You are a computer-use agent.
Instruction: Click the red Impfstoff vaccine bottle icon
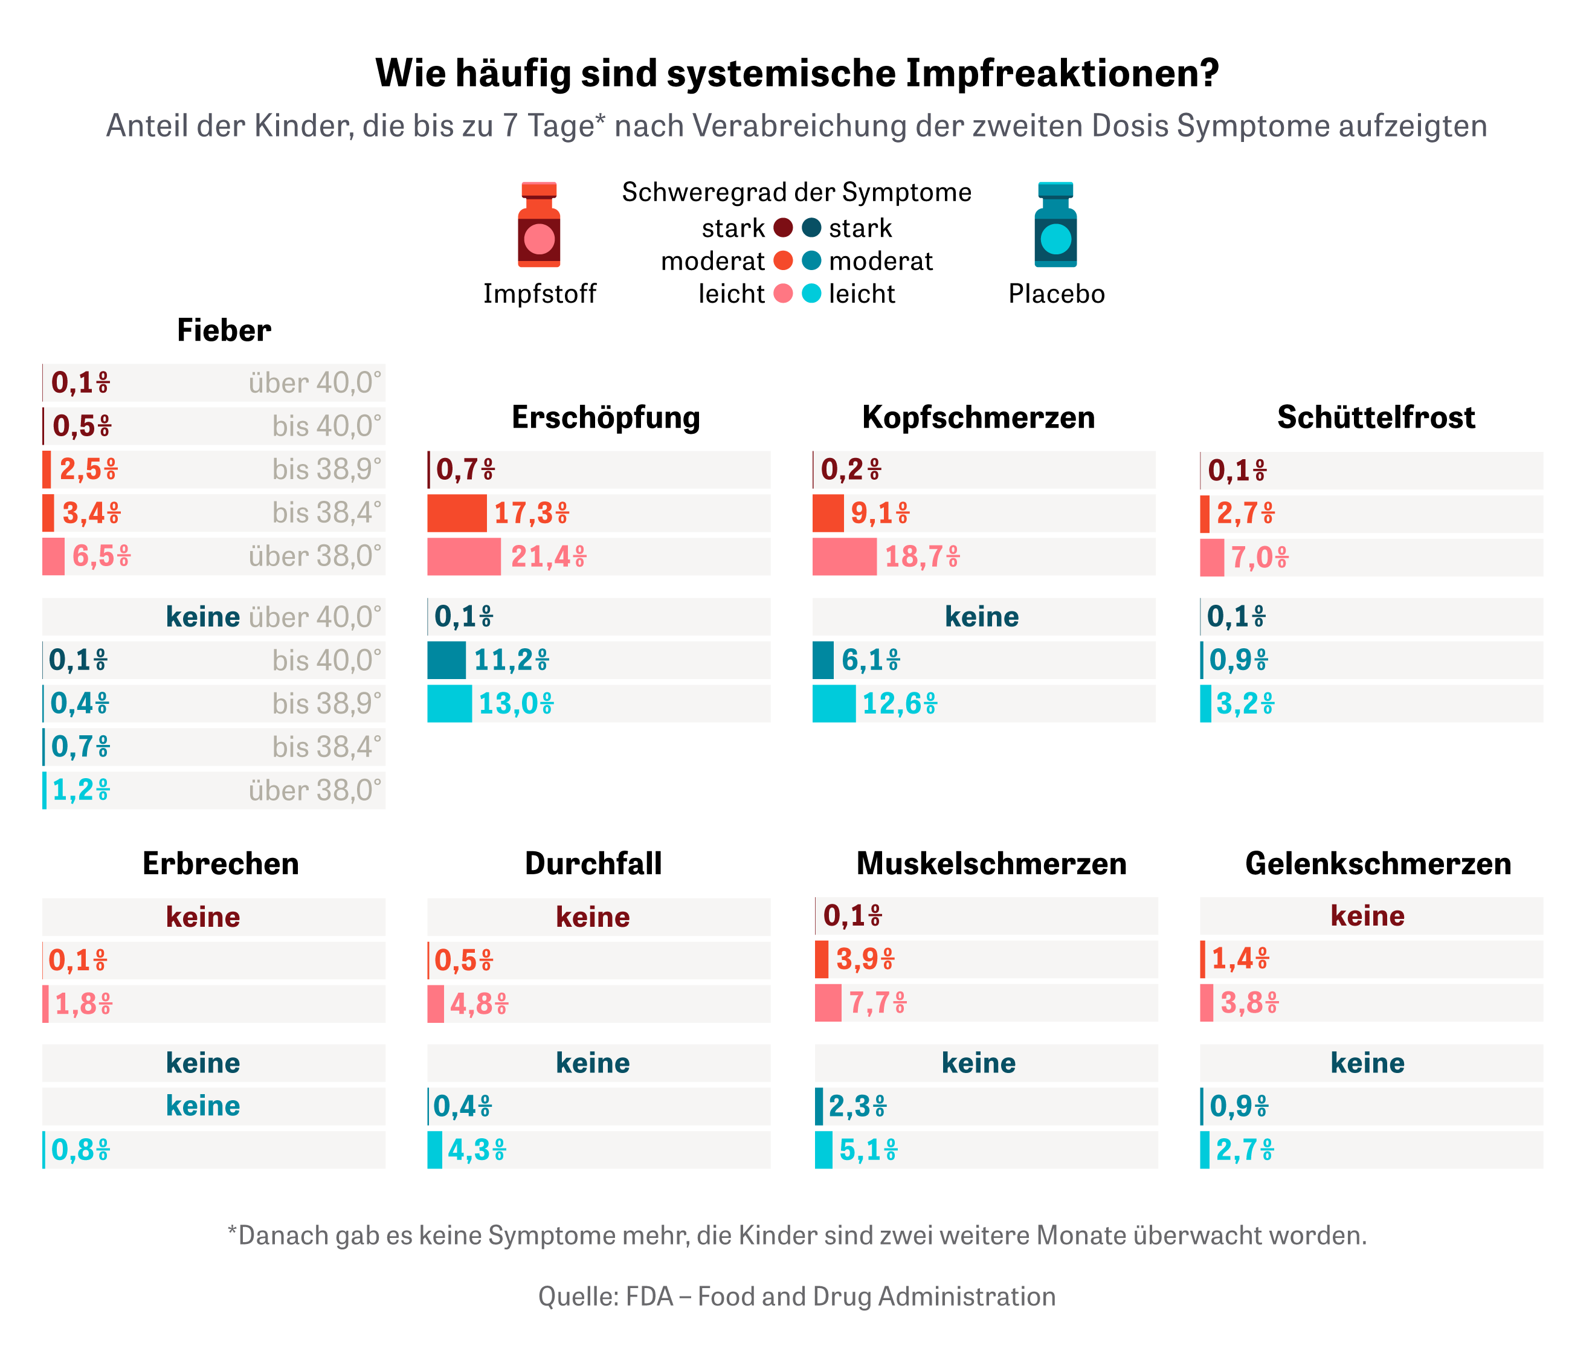point(539,225)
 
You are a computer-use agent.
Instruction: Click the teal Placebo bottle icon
point(1055,225)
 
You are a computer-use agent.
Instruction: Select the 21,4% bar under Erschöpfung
point(463,556)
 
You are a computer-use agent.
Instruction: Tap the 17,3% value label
point(531,514)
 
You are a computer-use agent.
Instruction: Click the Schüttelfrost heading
point(1376,417)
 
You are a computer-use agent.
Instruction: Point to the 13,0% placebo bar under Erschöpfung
point(449,703)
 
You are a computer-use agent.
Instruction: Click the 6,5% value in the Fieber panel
point(101,556)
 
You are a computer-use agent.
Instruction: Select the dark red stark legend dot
point(783,228)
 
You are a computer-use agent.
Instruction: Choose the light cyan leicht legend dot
point(811,293)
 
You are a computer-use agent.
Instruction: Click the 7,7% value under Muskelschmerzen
point(878,1004)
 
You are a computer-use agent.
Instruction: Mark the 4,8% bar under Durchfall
point(436,1004)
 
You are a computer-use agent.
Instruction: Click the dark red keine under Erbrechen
point(203,917)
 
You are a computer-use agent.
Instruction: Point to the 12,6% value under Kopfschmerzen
point(899,703)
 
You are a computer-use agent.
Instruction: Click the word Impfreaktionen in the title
point(1062,73)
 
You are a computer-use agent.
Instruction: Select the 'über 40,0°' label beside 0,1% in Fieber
point(315,382)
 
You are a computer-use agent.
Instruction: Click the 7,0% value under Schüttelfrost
point(1259,557)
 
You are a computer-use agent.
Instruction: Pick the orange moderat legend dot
point(783,261)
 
